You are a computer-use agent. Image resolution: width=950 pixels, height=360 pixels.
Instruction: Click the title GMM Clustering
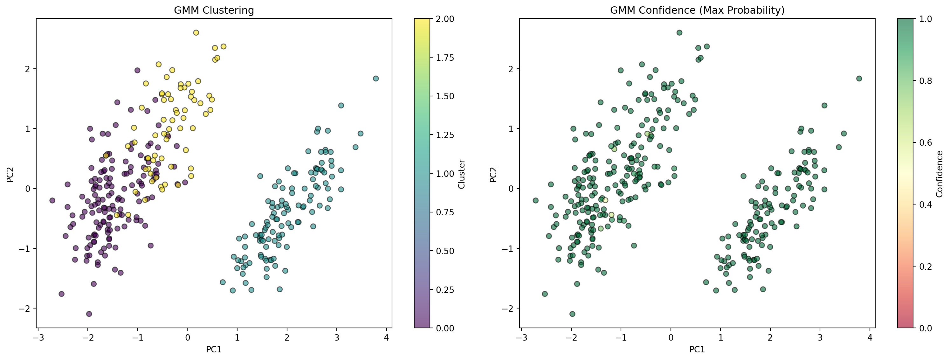click(214, 10)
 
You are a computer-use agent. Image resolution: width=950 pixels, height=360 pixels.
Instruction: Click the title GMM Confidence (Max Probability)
click(697, 10)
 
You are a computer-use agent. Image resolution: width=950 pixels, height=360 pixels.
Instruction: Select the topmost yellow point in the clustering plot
click(196, 33)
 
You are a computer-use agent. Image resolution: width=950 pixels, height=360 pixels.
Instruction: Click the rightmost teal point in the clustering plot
click(376, 79)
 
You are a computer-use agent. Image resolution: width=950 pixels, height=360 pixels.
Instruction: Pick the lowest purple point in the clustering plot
click(89, 314)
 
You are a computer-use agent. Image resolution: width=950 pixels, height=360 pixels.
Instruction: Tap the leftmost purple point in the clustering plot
click(52, 200)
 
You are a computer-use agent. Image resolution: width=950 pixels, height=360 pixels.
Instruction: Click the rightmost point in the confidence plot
click(859, 79)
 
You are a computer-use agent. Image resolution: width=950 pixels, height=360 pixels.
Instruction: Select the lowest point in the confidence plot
click(572, 314)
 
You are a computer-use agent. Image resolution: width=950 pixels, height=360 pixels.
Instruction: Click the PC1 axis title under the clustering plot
click(214, 349)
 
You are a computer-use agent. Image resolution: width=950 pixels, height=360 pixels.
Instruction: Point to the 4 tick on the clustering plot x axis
click(387, 337)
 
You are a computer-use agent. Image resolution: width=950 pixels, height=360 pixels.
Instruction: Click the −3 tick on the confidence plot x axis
click(521, 337)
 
